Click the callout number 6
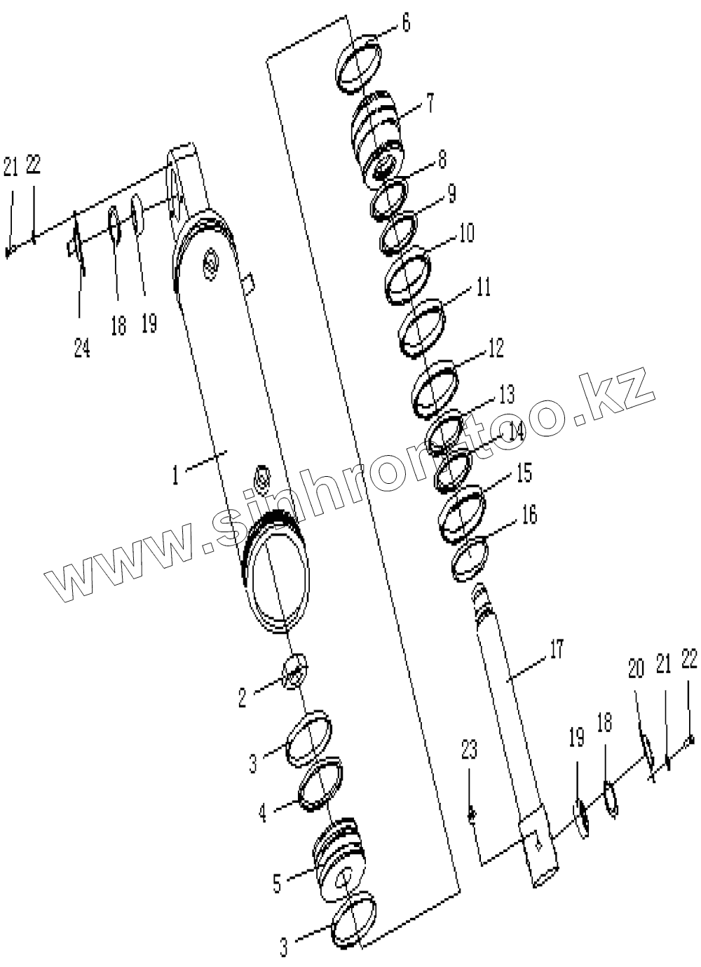(x=406, y=23)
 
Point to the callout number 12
(x=496, y=347)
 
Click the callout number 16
(x=529, y=515)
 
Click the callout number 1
(x=175, y=475)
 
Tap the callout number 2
(x=242, y=697)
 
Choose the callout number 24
(x=82, y=348)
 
